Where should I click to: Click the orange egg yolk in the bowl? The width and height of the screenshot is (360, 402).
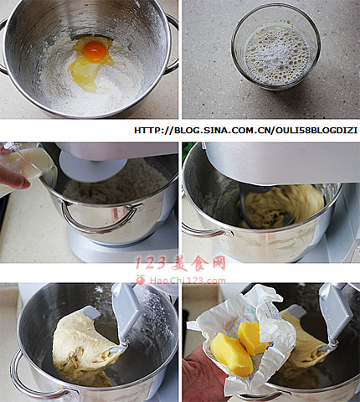[95, 51]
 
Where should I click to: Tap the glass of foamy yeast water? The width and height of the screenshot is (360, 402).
[275, 47]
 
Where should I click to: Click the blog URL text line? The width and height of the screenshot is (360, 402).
[245, 131]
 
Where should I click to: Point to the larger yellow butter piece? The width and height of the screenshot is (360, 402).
[231, 353]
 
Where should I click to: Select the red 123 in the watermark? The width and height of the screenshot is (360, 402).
[151, 263]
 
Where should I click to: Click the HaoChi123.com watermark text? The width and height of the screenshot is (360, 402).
[188, 281]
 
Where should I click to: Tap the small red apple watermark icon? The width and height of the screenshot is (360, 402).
[141, 280]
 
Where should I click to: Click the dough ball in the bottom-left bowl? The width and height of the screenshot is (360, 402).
[84, 346]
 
